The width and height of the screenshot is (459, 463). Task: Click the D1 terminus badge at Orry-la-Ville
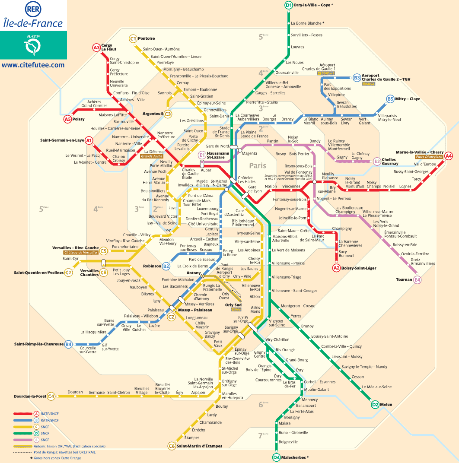(289, 5)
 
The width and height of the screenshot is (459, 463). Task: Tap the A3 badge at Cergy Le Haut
(96, 48)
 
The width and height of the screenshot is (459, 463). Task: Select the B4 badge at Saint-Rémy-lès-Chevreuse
(68, 344)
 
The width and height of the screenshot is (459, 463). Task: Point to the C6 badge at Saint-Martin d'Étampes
(172, 446)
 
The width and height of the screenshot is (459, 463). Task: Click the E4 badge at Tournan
(417, 280)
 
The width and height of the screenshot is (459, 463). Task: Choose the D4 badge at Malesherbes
(277, 457)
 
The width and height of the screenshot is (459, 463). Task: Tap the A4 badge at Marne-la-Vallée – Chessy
(449, 155)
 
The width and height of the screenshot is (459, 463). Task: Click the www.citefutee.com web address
(33, 65)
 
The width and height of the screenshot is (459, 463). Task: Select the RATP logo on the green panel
(33, 44)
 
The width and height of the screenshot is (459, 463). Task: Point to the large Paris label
(258, 165)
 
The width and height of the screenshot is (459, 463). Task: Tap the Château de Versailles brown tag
(80, 253)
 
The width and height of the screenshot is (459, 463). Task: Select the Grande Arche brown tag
(151, 156)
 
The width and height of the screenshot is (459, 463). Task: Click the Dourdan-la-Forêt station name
(30, 396)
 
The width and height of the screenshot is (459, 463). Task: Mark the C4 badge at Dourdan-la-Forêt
(51, 396)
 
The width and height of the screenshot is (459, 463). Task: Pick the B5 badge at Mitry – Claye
(390, 99)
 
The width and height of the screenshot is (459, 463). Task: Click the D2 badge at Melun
(375, 405)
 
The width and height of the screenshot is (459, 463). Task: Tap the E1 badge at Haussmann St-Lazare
(201, 155)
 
